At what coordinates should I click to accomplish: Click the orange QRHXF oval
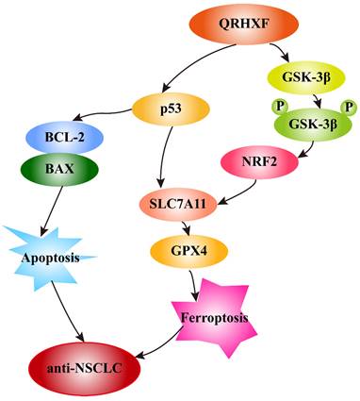244,25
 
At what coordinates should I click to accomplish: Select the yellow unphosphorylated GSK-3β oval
306,77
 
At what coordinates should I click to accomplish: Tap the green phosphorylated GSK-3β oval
313,125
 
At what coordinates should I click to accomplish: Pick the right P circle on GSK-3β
349,108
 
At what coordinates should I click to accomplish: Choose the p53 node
171,109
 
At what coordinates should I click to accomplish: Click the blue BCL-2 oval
64,138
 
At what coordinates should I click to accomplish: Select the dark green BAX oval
59,169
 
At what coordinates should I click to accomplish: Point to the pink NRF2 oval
259,162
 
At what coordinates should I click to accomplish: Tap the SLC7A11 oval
178,205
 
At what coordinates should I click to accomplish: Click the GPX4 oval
189,251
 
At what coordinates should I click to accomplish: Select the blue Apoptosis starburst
50,258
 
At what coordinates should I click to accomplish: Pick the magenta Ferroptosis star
215,318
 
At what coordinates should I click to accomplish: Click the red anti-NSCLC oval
84,369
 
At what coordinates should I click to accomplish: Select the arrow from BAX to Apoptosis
52,210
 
